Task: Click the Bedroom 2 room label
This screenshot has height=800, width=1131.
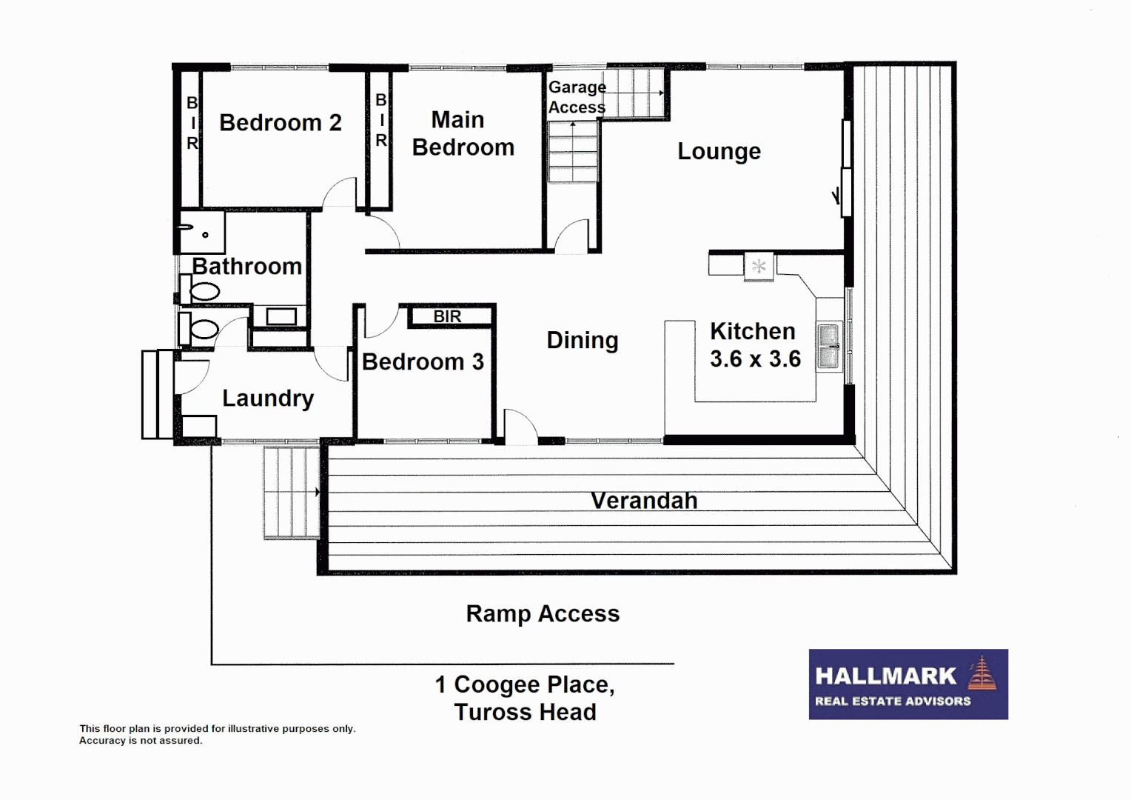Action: coord(280,123)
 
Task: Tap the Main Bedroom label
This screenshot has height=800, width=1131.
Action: coord(462,134)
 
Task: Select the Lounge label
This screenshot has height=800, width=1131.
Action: coord(719,152)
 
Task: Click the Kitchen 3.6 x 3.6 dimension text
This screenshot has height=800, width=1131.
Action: coord(755,359)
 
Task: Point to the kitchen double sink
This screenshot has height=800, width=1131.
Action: coord(829,347)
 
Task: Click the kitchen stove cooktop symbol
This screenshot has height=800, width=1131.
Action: coord(759,266)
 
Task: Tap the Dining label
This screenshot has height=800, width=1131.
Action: coord(582,341)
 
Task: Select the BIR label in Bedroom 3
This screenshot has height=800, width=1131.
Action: coord(447,316)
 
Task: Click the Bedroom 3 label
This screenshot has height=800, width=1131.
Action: coord(423,362)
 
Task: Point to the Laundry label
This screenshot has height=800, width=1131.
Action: coord(268,399)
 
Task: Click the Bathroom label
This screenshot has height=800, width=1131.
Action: coord(246,267)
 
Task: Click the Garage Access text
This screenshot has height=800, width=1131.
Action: coord(577,97)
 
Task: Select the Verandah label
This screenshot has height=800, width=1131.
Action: coord(644,501)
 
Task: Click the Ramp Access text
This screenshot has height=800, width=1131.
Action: coord(543,614)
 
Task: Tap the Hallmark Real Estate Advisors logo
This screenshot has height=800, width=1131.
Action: coord(907,684)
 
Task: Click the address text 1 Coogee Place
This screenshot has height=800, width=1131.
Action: coord(524,684)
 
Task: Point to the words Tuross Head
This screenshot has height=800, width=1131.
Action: coord(525,713)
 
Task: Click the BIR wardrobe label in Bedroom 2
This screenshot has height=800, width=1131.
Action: coord(192,123)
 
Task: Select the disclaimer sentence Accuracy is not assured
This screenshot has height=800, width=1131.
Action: coord(141,741)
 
